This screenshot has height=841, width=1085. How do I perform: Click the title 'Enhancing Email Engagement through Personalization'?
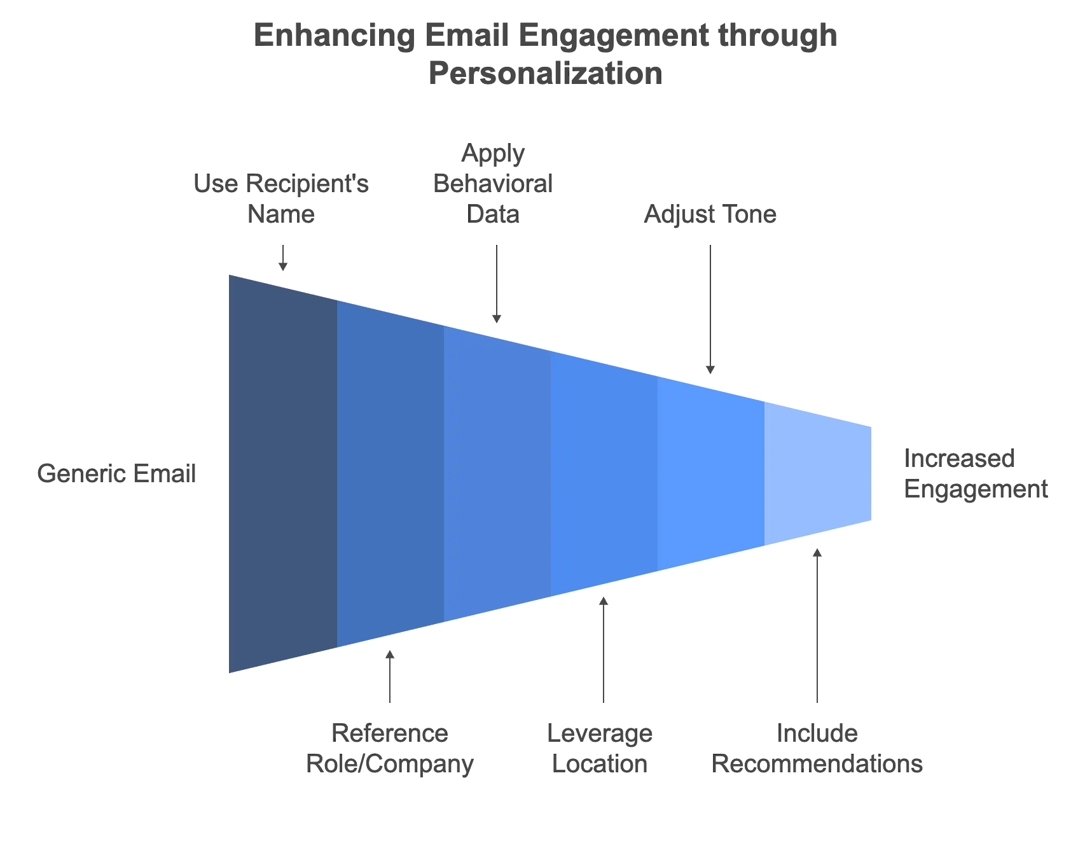[x=546, y=54]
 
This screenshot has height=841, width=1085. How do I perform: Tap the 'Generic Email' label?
[x=117, y=475]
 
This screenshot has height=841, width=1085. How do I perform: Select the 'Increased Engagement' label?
[x=973, y=474]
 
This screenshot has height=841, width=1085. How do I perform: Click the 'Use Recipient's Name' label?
[x=281, y=200]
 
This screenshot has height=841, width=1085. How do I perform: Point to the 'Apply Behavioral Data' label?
[x=494, y=184]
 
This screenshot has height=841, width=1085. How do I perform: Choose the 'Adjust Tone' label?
[x=709, y=215]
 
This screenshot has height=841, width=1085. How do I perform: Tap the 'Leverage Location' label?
[x=601, y=749]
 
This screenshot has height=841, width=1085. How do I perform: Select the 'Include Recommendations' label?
[x=818, y=749]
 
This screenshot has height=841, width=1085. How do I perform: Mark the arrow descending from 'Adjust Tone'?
[x=709, y=309]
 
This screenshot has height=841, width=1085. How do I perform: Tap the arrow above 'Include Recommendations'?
[x=817, y=627]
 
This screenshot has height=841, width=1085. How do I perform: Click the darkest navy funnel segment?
[x=283, y=475]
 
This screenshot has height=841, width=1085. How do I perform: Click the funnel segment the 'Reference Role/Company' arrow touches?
[x=390, y=475]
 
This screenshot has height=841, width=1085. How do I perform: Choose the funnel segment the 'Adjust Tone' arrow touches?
[x=710, y=475]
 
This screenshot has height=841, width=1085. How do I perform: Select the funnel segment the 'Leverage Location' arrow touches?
[x=604, y=475]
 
